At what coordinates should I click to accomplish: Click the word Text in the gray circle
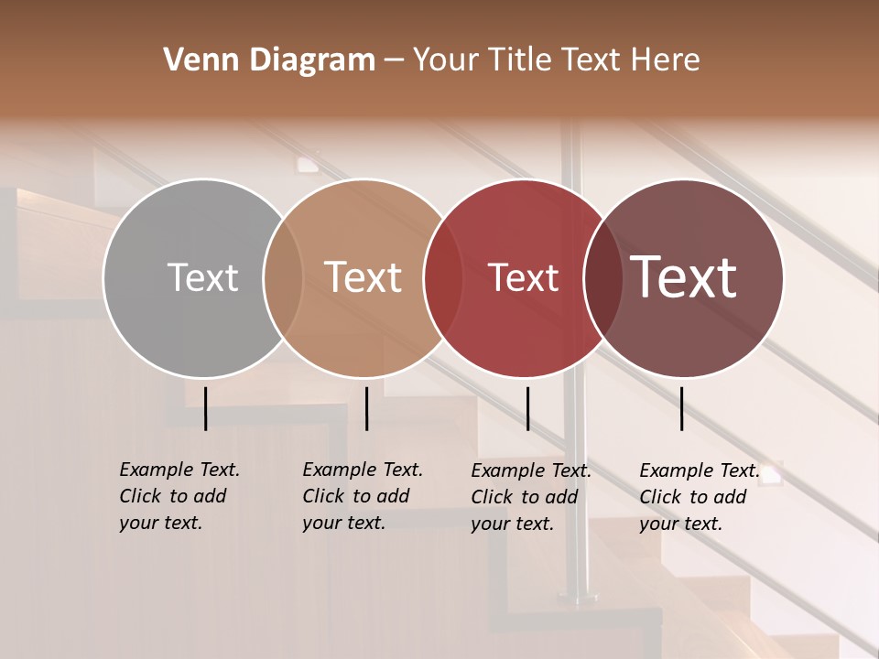(202, 277)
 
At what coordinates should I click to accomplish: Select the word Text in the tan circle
(364, 277)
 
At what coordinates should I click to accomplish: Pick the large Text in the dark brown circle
(684, 277)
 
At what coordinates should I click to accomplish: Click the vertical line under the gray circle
(205, 408)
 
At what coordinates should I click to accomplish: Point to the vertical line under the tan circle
(366, 408)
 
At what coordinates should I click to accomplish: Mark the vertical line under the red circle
(527, 408)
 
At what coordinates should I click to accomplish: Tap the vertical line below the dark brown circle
(682, 408)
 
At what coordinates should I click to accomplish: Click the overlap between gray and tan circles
(283, 278)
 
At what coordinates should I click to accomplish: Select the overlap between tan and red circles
(443, 278)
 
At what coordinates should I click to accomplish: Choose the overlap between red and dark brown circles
(602, 278)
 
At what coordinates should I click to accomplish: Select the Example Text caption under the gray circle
(179, 496)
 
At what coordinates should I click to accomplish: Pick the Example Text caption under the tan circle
(362, 496)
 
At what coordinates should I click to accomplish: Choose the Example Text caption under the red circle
(530, 497)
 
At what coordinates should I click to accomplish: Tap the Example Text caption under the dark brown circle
(699, 497)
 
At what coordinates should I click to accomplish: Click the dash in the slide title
(394, 60)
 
